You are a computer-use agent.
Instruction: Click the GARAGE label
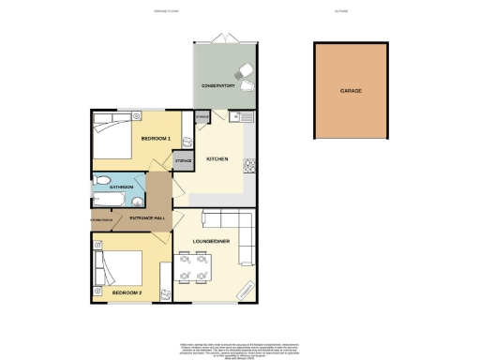(x=352, y=91)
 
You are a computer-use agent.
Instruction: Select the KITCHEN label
(x=217, y=159)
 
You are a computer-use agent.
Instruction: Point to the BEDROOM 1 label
(x=155, y=139)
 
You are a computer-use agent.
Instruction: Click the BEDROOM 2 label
(x=127, y=292)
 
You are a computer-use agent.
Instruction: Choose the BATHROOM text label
(x=121, y=187)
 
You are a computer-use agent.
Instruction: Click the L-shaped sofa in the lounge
(x=245, y=236)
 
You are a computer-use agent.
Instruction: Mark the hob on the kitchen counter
(x=250, y=168)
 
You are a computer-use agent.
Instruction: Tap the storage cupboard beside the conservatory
(x=202, y=118)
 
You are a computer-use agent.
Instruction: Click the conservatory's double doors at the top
(x=224, y=38)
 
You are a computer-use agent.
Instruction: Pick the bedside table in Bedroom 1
(x=137, y=117)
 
